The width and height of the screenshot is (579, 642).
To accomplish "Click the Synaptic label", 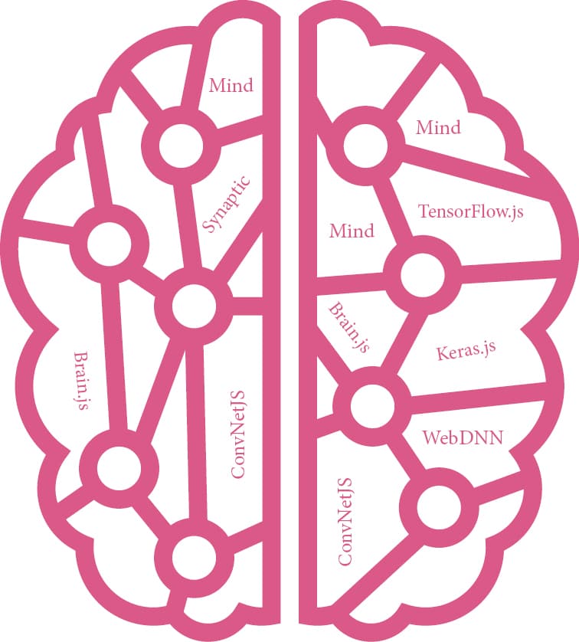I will point(227,204).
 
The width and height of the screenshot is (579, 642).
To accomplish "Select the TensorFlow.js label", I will point(470,211).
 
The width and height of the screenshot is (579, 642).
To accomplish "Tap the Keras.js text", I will point(466,352).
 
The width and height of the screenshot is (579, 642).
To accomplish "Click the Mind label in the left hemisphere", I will point(231,85).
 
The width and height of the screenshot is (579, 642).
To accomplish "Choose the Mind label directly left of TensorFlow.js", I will point(352,230).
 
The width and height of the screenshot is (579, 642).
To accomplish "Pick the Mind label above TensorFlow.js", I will point(438,127).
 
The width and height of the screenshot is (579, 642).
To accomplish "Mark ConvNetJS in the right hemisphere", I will point(345,521).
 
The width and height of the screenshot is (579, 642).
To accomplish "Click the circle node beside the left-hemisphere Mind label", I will point(180,144).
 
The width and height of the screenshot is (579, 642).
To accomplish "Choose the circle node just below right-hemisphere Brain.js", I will point(371,402).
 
